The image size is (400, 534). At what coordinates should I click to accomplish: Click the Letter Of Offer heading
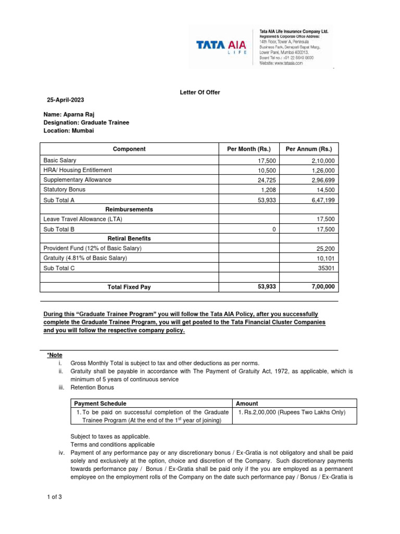point(200,92)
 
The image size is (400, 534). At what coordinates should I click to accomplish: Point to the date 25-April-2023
point(65,100)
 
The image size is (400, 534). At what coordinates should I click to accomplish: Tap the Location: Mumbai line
point(68,131)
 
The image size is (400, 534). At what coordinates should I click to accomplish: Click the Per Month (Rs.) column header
point(248,149)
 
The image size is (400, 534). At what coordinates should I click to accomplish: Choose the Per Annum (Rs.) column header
point(309,149)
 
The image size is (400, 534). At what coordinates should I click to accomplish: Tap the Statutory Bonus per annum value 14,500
point(324,190)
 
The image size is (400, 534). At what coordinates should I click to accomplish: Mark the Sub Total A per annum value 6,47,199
point(322,200)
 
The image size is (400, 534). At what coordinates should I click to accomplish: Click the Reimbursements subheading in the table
point(129,209)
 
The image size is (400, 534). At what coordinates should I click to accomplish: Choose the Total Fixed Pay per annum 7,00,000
point(322,287)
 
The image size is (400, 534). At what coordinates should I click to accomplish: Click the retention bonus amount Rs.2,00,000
point(292,412)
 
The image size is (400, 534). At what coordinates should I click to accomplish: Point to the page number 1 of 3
point(54,496)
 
